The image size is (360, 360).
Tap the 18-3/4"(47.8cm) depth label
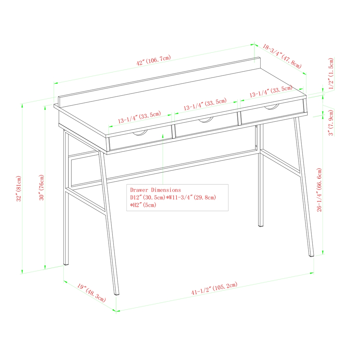282,56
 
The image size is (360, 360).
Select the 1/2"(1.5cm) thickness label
331,74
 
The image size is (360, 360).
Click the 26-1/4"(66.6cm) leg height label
319,190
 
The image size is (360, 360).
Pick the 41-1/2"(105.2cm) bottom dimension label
214,290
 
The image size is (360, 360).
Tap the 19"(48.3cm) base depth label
91,292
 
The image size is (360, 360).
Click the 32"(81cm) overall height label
19,189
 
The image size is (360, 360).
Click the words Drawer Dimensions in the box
155,190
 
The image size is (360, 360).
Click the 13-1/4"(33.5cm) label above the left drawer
139,118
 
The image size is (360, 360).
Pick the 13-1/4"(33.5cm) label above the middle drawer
205,104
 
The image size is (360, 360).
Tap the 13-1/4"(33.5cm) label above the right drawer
271,92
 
